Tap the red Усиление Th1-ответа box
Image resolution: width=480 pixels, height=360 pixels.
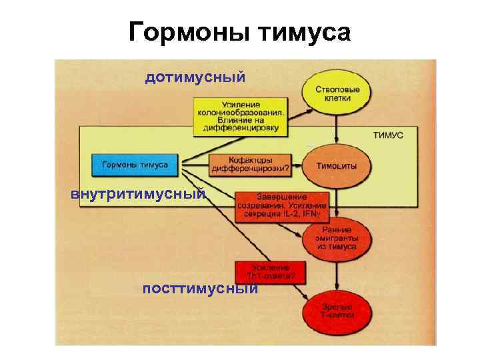[x=266, y=271]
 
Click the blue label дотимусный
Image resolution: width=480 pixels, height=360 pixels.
[x=195, y=78]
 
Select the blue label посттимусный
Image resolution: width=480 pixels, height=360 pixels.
[x=200, y=288]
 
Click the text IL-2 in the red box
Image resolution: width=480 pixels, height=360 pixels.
[x=291, y=215]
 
